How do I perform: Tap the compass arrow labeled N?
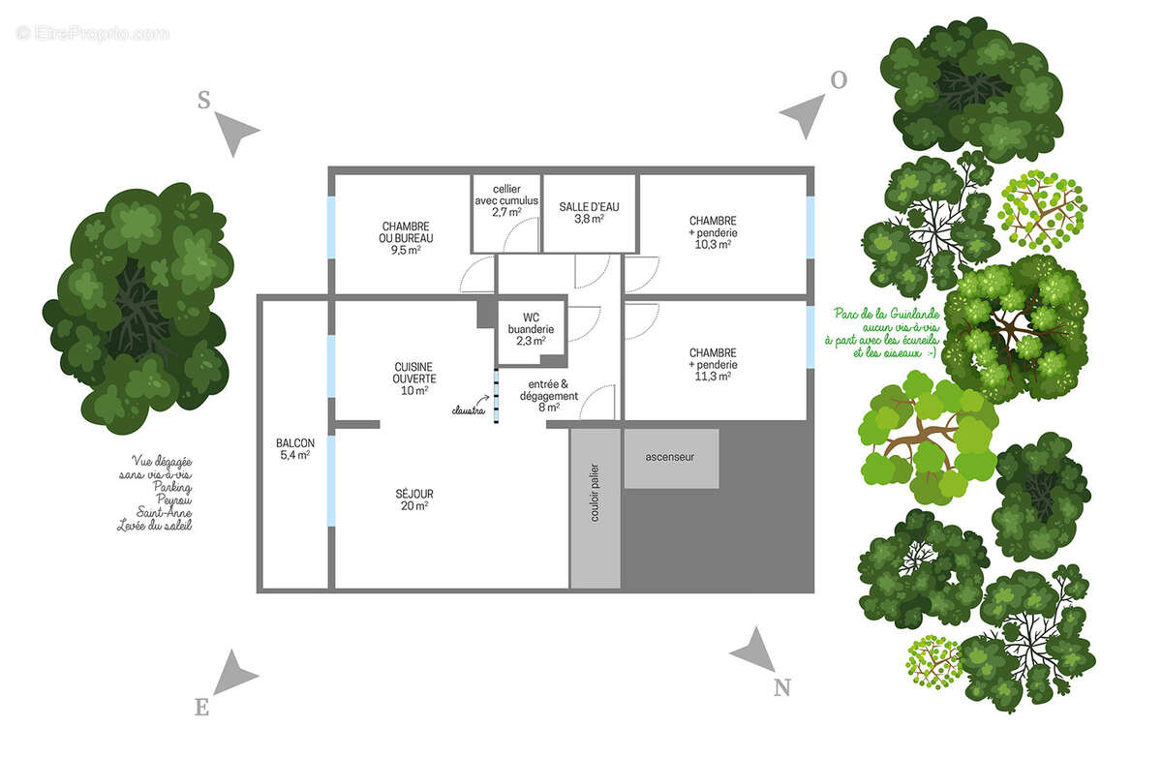click(x=753, y=649)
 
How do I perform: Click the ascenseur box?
click(x=671, y=458)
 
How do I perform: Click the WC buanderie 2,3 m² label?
click(x=531, y=329)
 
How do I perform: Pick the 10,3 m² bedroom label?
click(x=713, y=232)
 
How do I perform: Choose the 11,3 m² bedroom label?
click(x=713, y=365)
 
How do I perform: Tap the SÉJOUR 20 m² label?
click(x=414, y=500)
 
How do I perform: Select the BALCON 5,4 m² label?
click(x=294, y=448)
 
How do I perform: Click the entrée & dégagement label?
click(x=555, y=396)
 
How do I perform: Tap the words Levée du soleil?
click(x=154, y=526)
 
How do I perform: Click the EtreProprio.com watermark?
click(x=92, y=33)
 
